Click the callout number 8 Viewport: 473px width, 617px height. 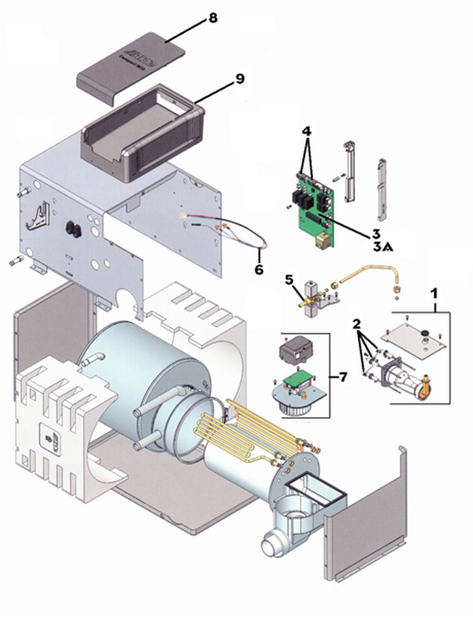pyautogui.click(x=212, y=18)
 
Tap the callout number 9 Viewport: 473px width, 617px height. pyautogui.click(x=239, y=79)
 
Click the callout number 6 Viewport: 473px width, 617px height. pyautogui.click(x=259, y=268)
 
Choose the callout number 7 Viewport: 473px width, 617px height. pyautogui.click(x=343, y=377)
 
